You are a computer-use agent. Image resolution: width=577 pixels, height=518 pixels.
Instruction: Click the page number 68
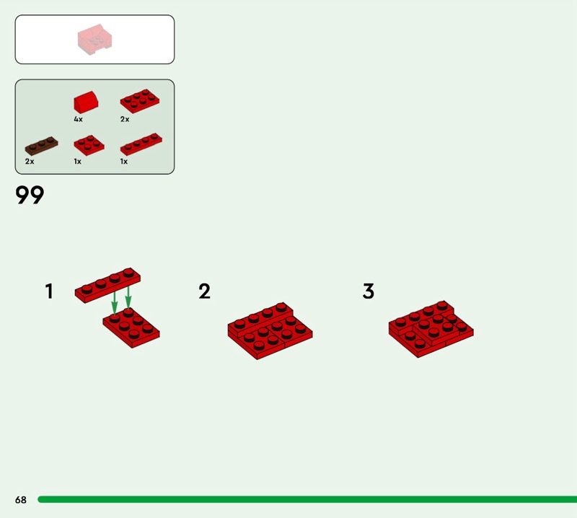pos(21,499)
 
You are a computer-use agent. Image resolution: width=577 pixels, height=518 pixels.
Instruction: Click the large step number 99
pos(30,194)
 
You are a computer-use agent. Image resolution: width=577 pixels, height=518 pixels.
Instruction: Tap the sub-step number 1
pos(49,291)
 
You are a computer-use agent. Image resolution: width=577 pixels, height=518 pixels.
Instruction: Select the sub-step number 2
pos(205,291)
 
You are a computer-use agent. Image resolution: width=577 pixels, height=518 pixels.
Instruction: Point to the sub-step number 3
pos(369,291)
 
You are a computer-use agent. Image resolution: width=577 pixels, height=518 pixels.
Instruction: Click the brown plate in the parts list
pos(41,146)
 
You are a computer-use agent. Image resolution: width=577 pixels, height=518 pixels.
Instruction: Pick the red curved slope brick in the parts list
pos(86,102)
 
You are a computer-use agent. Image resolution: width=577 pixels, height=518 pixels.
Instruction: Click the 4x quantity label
pos(78,119)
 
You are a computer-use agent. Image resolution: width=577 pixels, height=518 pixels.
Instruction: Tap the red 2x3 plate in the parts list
pos(140,101)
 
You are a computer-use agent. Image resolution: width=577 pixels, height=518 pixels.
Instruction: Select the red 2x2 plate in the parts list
pos(89,145)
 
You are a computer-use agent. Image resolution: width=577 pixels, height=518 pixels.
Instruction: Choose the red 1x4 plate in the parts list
pos(141,144)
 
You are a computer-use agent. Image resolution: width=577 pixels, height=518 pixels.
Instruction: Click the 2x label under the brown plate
pos(30,162)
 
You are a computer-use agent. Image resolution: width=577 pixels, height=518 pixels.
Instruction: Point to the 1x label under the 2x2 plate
pos(77,162)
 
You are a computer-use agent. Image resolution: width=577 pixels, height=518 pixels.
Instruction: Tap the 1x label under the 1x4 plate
pos(124,162)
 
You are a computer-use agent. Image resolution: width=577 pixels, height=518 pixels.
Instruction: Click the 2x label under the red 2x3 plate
pos(125,119)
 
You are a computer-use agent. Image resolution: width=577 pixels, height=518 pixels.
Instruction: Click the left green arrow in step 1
pos(115,302)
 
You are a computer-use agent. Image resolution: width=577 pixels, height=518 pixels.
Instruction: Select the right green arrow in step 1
pos(128,297)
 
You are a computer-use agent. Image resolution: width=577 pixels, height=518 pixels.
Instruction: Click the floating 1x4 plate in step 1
pos(107,285)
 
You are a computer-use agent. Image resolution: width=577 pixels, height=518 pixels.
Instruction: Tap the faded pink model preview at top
pos(94,40)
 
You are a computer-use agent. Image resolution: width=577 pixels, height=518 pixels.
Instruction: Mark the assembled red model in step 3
pos(431,329)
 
